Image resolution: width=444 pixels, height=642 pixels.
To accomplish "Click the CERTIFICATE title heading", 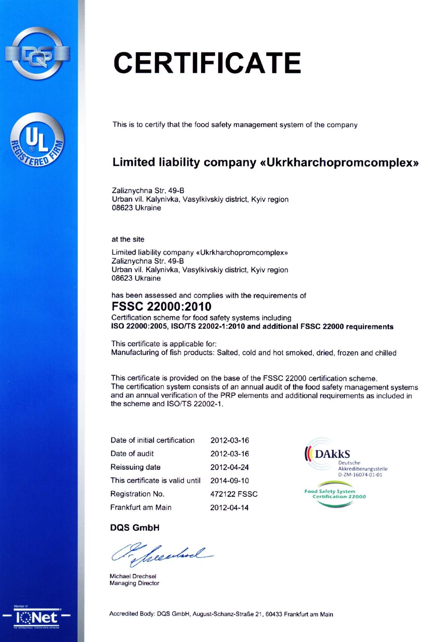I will [x=207, y=63].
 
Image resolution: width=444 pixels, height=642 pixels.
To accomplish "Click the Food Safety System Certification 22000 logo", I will [x=335, y=494].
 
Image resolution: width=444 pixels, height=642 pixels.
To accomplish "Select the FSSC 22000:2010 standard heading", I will [x=161, y=307].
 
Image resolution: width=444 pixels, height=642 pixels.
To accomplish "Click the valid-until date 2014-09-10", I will [x=230, y=480].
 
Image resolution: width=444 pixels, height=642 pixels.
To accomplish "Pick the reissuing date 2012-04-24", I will [x=230, y=467].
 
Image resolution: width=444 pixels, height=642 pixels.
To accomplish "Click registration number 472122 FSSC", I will [x=234, y=494].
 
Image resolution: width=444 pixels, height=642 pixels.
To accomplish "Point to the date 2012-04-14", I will [x=229, y=507].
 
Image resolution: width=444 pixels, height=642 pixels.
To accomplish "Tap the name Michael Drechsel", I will [x=133, y=576].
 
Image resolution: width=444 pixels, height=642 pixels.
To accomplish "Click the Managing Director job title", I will [x=134, y=583].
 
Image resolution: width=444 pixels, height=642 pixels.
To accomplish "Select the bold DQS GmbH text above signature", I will [x=135, y=528].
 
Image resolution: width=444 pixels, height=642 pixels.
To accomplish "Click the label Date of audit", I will [x=132, y=454].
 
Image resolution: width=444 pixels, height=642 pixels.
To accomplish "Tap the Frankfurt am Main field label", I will [x=141, y=507].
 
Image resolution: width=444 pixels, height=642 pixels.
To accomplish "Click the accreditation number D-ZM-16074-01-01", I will [x=360, y=475].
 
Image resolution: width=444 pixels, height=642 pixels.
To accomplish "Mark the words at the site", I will [x=128, y=239].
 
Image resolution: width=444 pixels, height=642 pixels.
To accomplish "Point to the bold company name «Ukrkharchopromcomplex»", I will [x=339, y=163].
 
